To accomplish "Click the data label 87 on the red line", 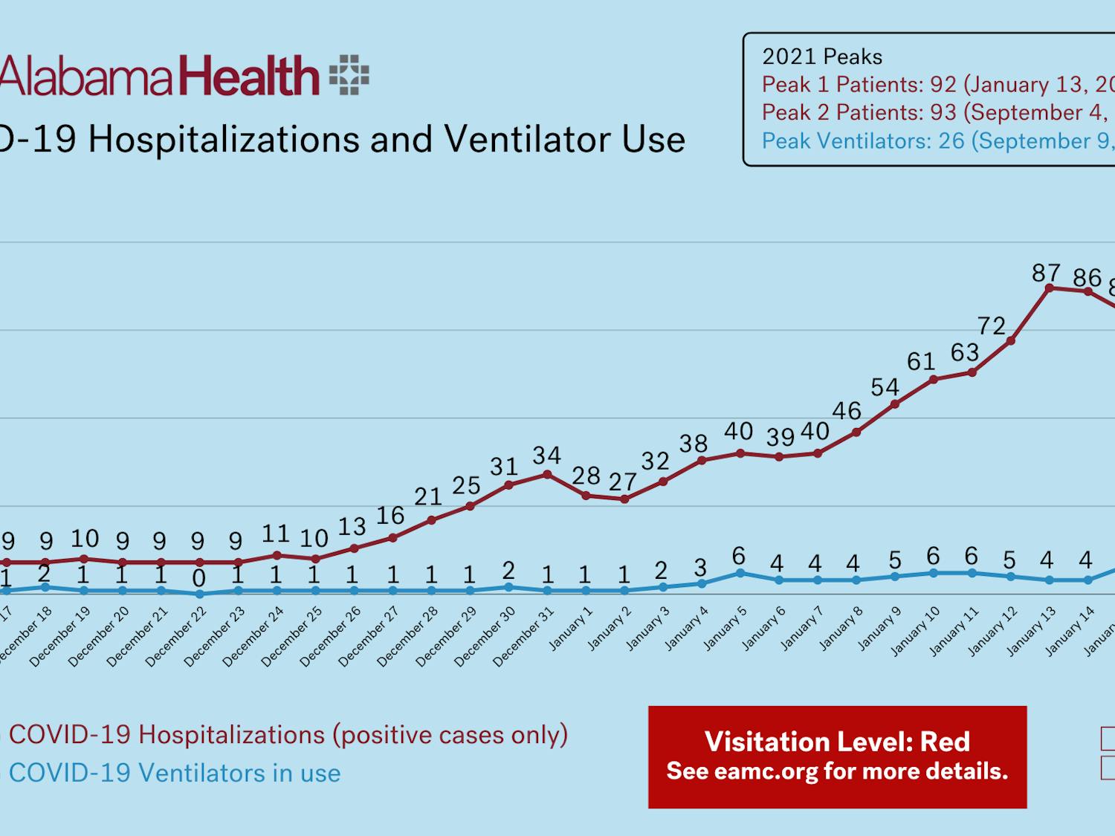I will (1046, 273).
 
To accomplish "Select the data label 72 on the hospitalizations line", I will (992, 325).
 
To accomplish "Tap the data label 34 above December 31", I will (547, 455).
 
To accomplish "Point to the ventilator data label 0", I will (198, 577).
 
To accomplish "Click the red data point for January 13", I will (1050, 288).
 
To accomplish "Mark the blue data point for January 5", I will (740, 573).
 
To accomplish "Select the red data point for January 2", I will (624, 499).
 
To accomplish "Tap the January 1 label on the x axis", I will (572, 629).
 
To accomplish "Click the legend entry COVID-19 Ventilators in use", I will (174, 773).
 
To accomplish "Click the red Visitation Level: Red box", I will (837, 756).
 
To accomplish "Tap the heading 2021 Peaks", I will (822, 56).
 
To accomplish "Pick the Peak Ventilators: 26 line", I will (937, 140).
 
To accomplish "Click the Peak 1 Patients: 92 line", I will (937, 85).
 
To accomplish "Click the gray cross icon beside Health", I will (349, 75).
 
